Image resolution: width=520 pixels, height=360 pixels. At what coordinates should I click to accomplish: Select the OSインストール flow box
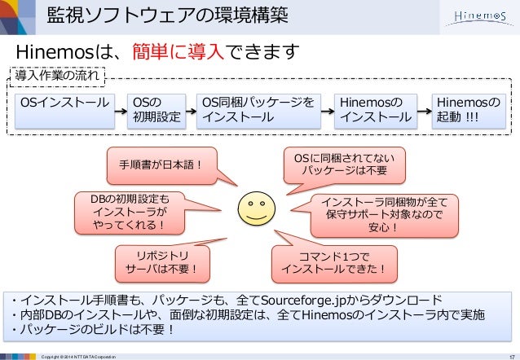pos(64,110)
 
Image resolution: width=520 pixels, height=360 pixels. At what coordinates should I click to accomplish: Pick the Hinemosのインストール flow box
pos(375,110)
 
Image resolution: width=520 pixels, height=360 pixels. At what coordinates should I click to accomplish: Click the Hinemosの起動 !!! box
pos(468,110)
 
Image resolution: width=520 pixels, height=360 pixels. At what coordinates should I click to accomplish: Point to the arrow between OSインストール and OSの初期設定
pos(119,110)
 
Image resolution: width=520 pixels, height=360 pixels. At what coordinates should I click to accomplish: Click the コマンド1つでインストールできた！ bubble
pos(333,260)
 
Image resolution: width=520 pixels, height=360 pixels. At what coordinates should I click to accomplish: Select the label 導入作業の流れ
pos(59,77)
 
